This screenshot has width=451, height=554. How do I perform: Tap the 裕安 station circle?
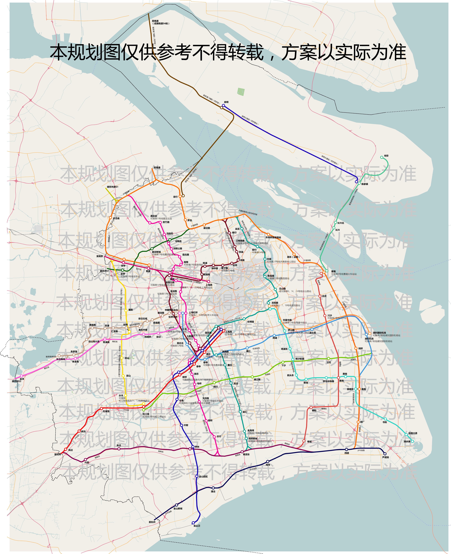click(382, 157)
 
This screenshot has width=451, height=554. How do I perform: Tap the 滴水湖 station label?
click(407, 441)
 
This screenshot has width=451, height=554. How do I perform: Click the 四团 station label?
click(347, 453)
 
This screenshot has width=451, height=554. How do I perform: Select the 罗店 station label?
click(190, 220)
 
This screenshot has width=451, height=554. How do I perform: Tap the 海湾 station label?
click(268, 465)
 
